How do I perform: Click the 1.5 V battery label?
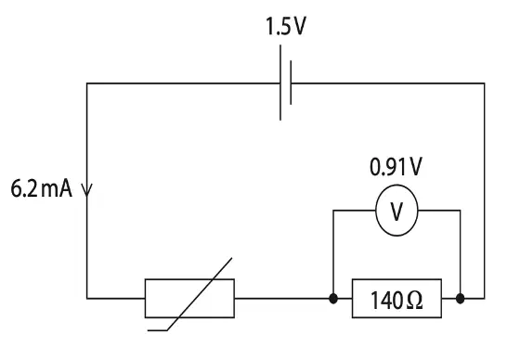click(x=285, y=26)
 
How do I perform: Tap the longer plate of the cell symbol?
click(x=280, y=83)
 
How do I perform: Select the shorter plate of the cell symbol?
click(x=291, y=83)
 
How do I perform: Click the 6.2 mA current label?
click(x=42, y=188)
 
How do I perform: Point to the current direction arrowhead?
click(x=86, y=190)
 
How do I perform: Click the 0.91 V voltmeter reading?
click(x=396, y=167)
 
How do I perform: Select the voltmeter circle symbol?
click(x=396, y=186)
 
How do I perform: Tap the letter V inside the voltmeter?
click(x=396, y=211)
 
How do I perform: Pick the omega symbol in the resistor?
click(x=414, y=301)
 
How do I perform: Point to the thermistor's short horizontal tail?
click(x=158, y=330)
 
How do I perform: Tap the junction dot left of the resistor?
click(x=333, y=299)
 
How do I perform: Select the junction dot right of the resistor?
click(x=461, y=299)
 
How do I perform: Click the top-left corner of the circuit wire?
click(x=86, y=84)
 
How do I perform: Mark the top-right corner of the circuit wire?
click(x=485, y=84)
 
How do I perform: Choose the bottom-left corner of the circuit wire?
click(x=86, y=298)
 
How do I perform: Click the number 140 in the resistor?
click(x=386, y=301)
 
